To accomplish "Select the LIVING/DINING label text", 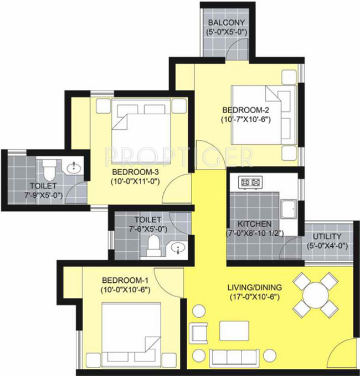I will click(x=255, y=287).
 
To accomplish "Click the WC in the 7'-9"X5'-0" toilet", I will click(x=49, y=166).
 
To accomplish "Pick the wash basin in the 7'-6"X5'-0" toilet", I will click(x=177, y=248).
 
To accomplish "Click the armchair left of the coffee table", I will click(x=199, y=332).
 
